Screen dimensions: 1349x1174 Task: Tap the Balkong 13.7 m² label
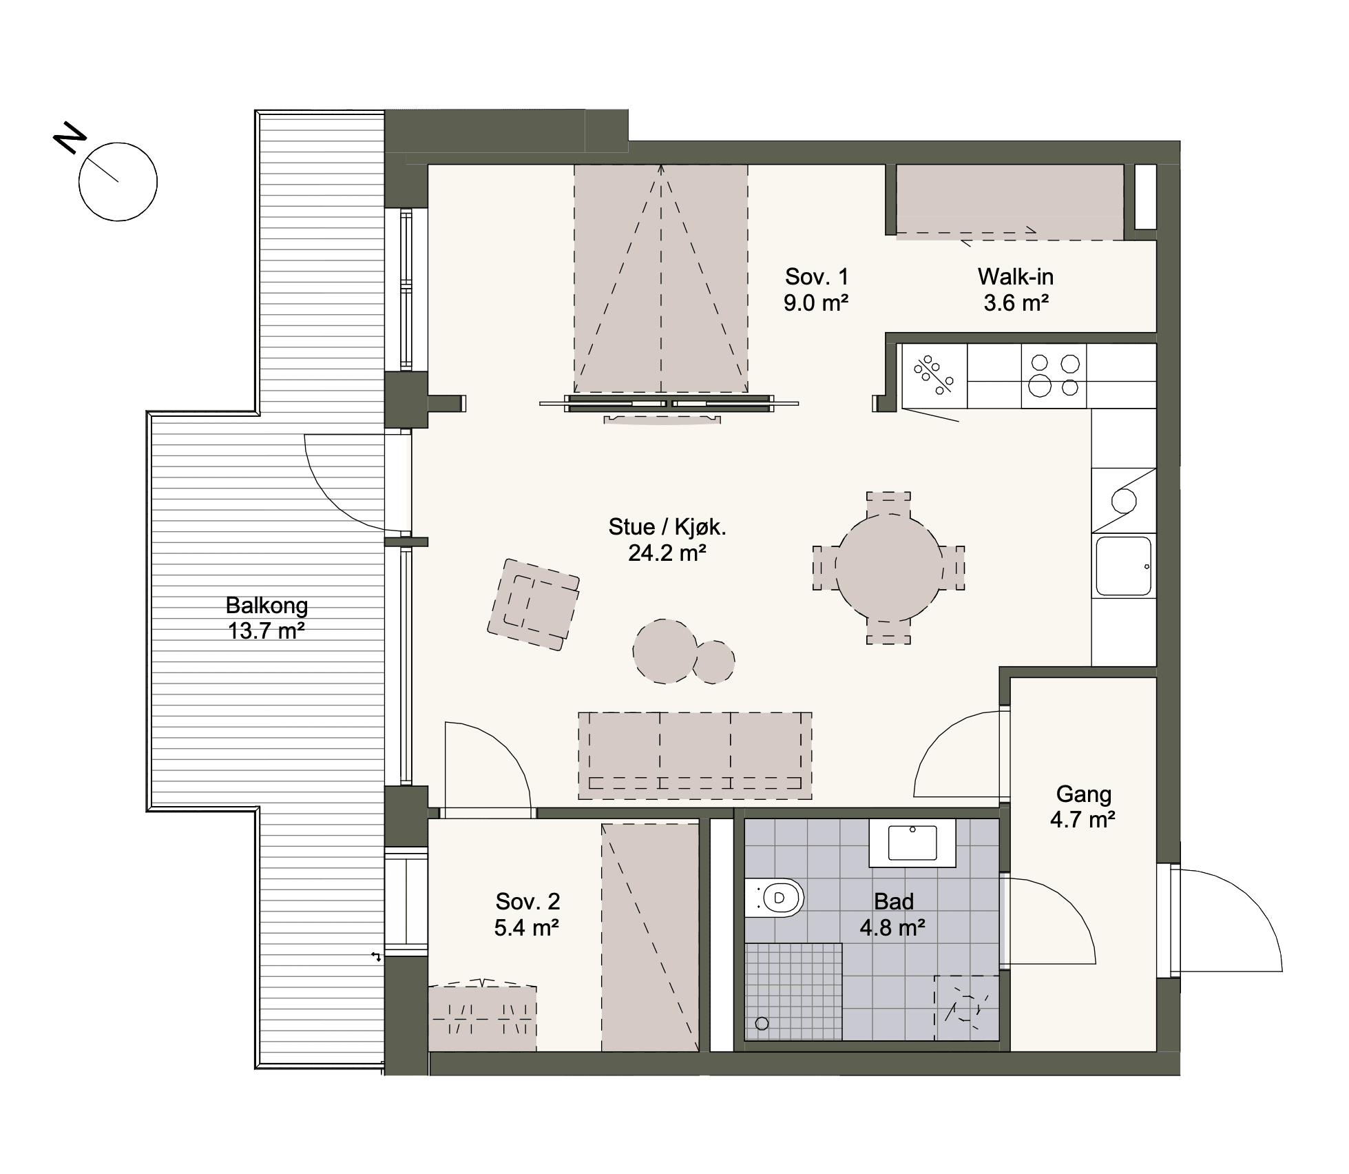tap(266, 618)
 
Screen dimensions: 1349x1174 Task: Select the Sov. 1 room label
tap(816, 289)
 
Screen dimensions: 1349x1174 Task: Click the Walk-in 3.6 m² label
tap(1016, 289)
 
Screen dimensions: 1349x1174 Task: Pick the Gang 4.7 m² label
tap(1083, 807)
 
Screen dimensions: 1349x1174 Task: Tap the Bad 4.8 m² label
tap(893, 914)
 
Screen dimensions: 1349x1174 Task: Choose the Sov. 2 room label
tap(527, 914)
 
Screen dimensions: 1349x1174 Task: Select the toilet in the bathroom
tap(775, 898)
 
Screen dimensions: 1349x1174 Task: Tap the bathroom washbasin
tap(912, 843)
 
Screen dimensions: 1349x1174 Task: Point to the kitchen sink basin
tap(1124, 566)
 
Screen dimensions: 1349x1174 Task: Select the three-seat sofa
tap(695, 756)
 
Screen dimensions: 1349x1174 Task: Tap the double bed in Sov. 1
tap(661, 279)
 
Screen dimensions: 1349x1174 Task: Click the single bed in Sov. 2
tap(651, 937)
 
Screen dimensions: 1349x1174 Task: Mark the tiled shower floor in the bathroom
tap(793, 991)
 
